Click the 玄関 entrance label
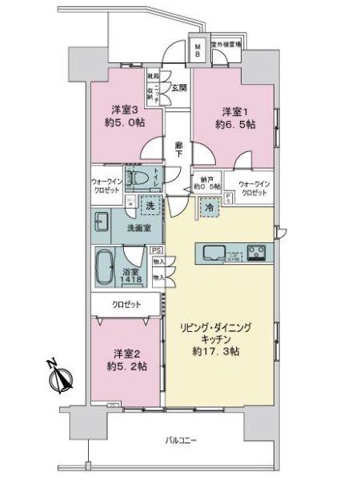[178, 88]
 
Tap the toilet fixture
[142, 178]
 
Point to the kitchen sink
[214, 254]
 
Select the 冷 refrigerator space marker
[208, 207]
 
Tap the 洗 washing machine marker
[150, 207]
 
